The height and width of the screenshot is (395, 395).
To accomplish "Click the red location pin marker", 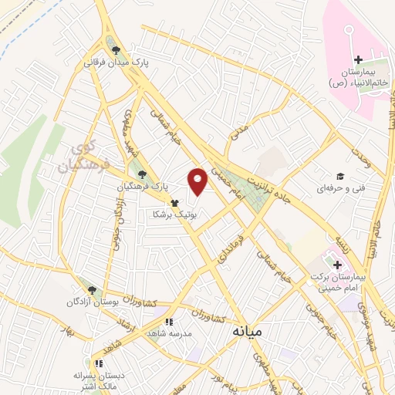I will tap(198, 181).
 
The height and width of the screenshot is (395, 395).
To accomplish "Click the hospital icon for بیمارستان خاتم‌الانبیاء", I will tap(356, 60).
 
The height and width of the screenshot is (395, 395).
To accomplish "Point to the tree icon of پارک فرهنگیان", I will tap(140, 174).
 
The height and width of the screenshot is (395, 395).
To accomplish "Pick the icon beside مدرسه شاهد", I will tap(168, 322).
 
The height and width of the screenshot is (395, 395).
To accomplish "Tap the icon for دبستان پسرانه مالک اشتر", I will tap(97, 363).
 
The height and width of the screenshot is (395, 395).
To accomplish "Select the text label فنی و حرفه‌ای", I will tap(338, 187).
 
